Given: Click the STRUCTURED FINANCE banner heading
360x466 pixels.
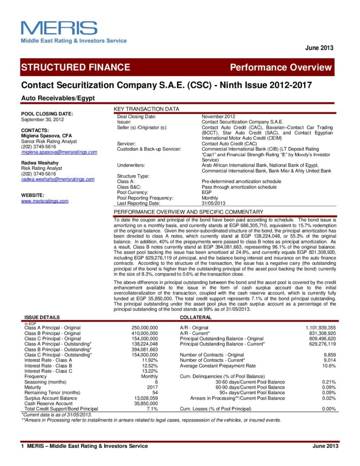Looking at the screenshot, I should [76, 67].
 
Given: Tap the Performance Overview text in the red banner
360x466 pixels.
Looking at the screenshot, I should [281, 68].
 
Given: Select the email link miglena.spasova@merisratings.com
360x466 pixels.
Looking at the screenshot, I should [59, 152].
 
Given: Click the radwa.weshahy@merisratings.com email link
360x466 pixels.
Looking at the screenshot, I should [58, 179].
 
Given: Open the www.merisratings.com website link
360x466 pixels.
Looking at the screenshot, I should [45, 201].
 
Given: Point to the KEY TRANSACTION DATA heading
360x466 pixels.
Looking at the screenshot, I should [146, 109].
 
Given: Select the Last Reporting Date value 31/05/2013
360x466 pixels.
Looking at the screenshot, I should [213, 203].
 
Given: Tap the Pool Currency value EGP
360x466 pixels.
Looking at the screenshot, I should [207, 192].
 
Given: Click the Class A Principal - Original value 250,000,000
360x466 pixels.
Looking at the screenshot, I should [144, 328].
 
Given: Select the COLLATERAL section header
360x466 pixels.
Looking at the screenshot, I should [195, 317].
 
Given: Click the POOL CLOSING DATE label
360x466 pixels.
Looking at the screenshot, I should [47, 113].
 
